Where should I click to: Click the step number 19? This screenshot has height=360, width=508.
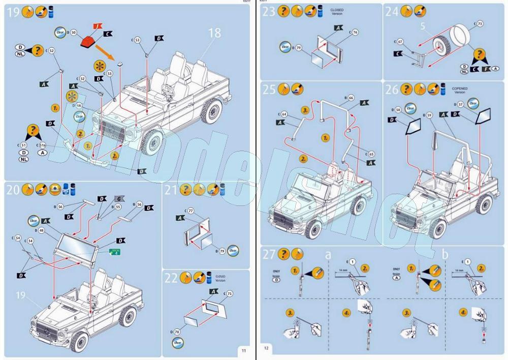13,12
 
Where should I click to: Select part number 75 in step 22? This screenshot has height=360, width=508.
229,293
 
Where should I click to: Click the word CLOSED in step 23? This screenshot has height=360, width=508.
337,10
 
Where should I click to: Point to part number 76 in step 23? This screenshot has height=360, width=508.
355,32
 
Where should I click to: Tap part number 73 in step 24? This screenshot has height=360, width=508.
480,23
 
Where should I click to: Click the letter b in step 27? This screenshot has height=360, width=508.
445,254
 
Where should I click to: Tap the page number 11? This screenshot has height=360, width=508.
243,350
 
